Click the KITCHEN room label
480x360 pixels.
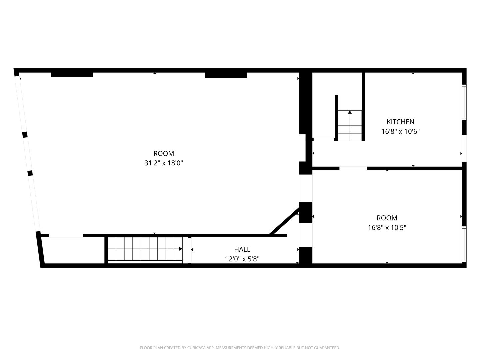400,122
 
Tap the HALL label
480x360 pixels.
242,249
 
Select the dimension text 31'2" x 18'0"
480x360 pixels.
164,163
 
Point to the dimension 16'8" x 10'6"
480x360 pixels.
400,131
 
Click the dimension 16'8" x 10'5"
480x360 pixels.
387,228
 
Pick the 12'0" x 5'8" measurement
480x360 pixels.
242,259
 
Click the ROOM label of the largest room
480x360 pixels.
164,153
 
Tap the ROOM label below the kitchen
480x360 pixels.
387,218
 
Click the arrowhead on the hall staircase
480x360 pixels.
181,249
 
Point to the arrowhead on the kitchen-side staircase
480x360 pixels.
350,112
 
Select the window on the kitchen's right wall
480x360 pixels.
464,102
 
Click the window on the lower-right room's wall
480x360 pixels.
464,244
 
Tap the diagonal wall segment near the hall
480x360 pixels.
284,221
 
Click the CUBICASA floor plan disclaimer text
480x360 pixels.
240,348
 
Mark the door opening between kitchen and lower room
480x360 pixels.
353,168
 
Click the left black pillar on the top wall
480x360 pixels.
72,75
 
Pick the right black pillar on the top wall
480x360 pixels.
226,75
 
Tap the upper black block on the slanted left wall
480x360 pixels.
25,135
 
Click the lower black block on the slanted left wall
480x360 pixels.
30,173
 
